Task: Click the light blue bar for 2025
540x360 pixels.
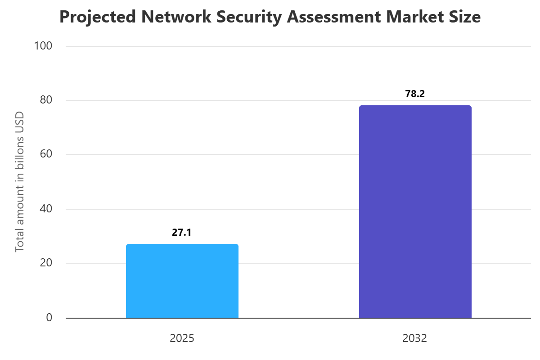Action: (182, 281)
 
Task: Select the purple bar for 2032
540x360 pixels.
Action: (415, 211)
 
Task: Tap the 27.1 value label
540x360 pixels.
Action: (182, 232)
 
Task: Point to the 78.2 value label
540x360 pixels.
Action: (415, 94)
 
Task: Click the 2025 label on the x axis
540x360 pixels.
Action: (182, 338)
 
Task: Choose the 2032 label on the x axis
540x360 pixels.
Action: (415, 338)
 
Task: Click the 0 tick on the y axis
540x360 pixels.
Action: (49, 318)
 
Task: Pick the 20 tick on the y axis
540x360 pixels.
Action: (46, 263)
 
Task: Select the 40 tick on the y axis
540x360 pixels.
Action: (46, 209)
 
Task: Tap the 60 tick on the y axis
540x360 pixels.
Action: (46, 154)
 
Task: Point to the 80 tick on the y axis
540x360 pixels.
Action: (46, 100)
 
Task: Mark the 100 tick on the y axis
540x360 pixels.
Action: (43, 46)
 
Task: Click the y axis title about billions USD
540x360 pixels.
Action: (19, 181)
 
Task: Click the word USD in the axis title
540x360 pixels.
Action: (19, 120)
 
